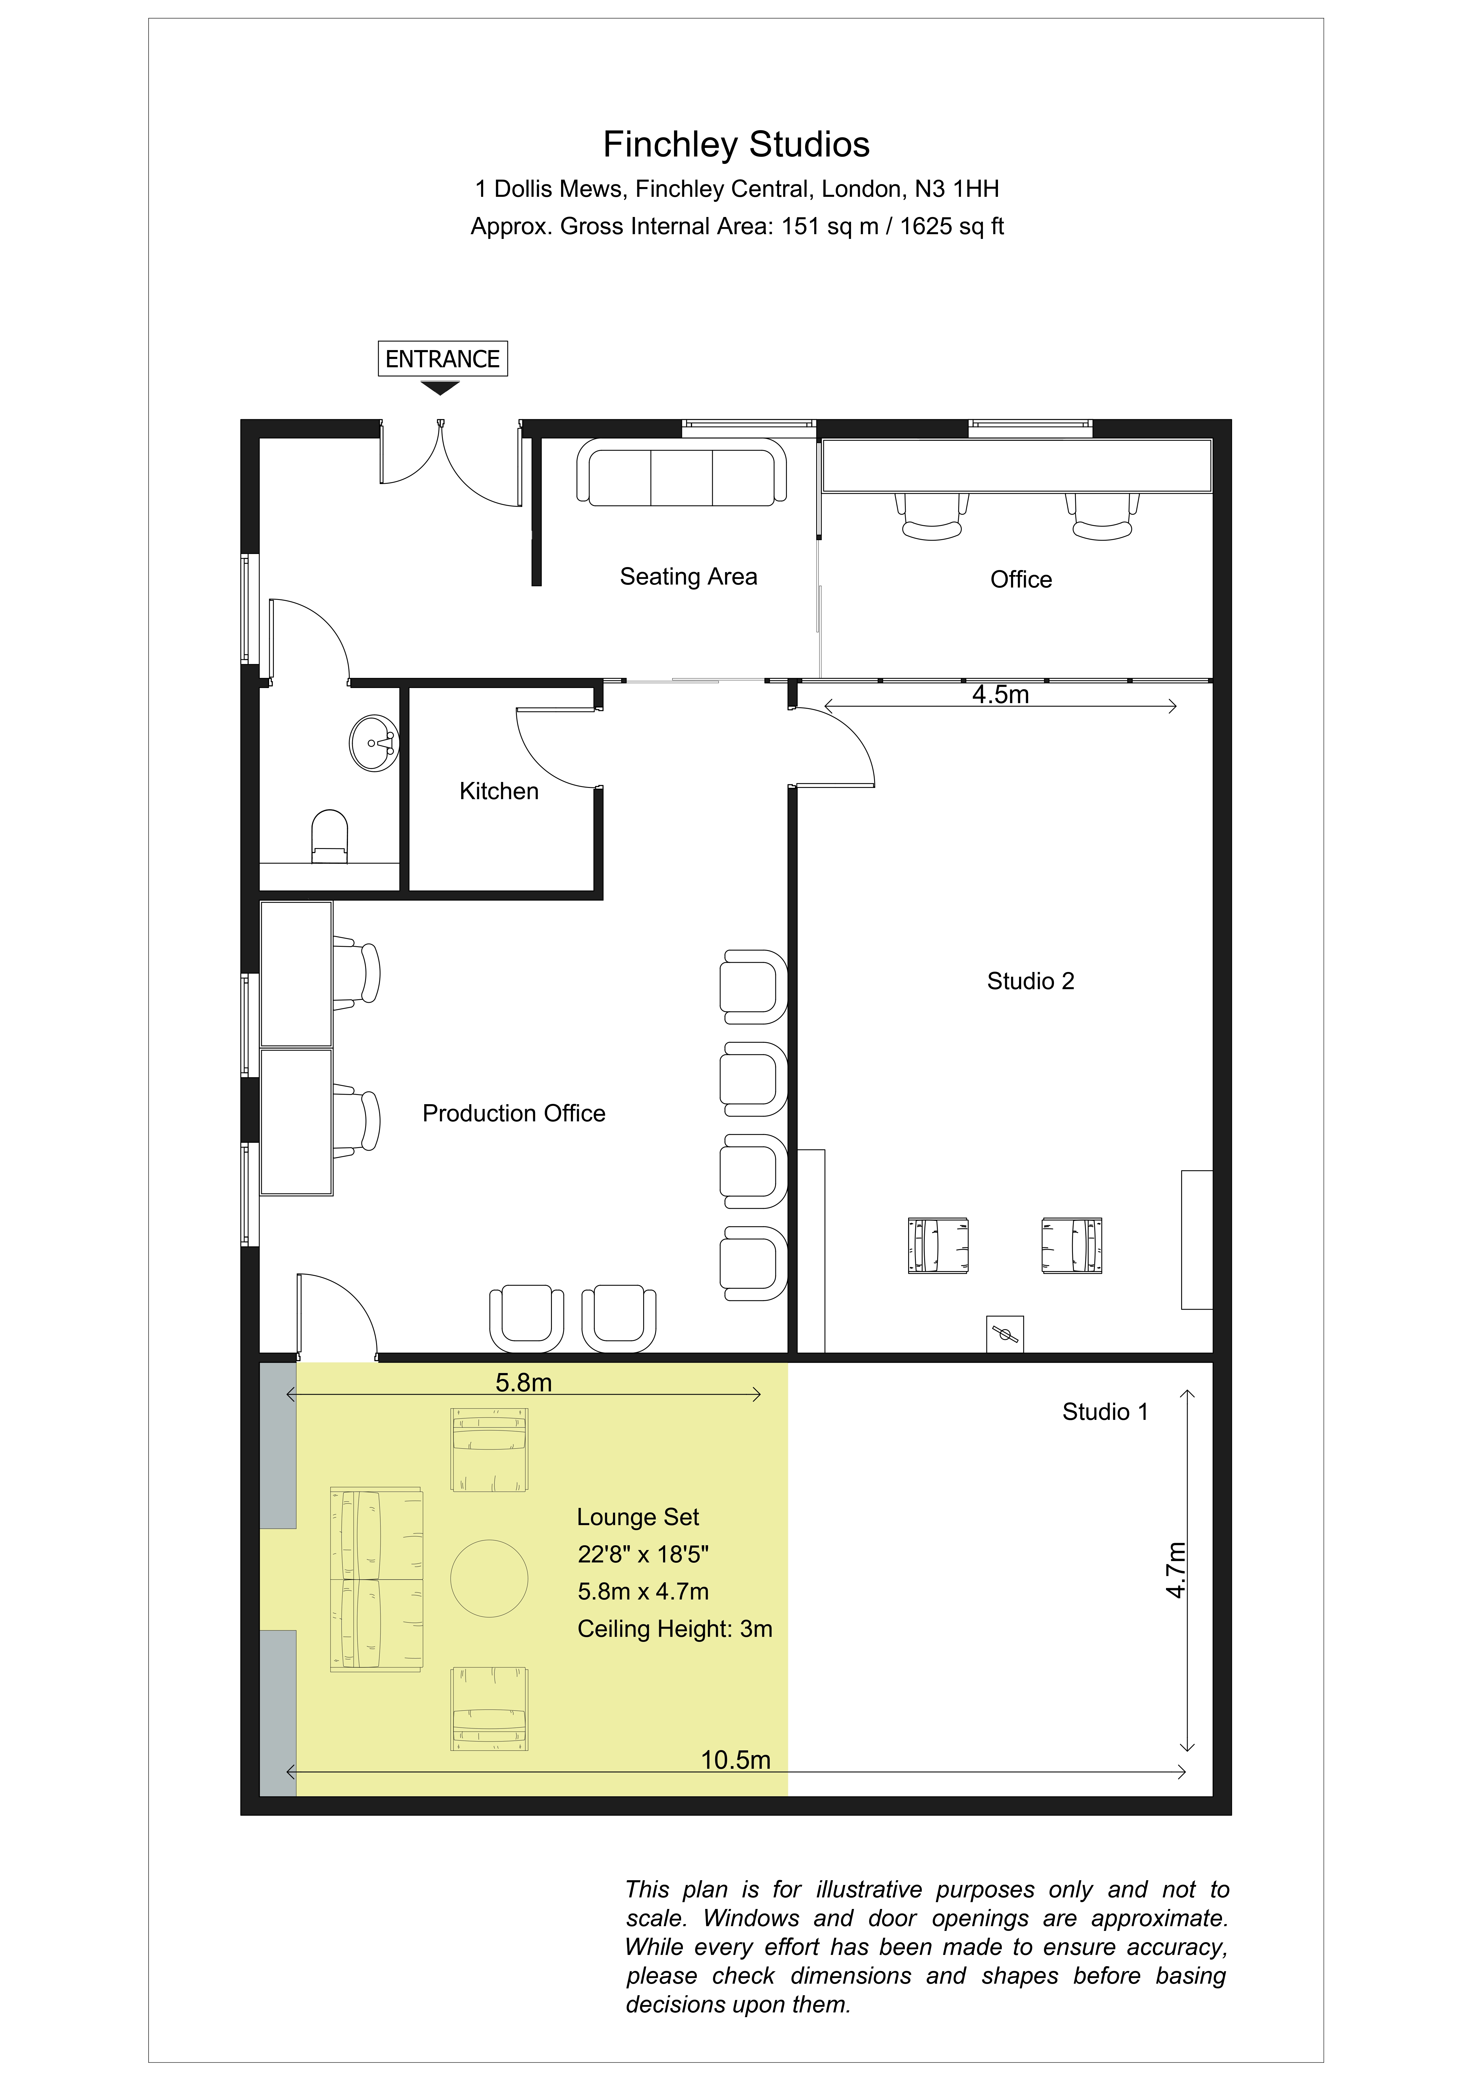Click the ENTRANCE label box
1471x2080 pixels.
tap(442, 359)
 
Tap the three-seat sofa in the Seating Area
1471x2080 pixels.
tap(681, 472)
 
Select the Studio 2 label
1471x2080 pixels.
tap(1031, 981)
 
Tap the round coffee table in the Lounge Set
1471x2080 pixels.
tap(489, 1578)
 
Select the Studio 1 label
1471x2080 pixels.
tap(1105, 1412)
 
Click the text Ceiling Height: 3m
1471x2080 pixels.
tap(675, 1629)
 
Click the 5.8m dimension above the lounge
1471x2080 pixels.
tap(523, 1383)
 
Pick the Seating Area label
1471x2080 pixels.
tap(689, 577)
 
